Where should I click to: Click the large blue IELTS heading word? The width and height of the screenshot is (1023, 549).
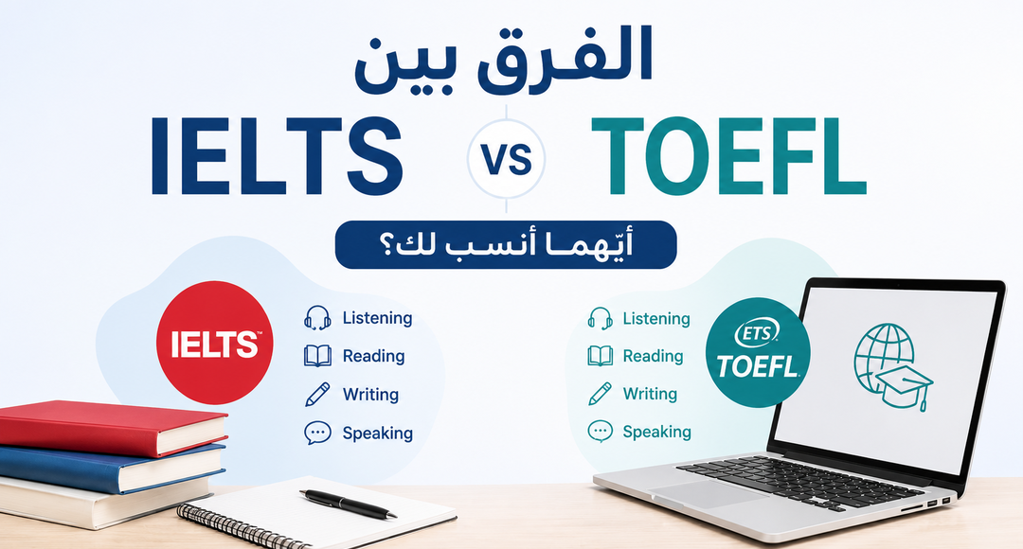(x=278, y=156)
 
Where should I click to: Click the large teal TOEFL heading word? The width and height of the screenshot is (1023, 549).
(x=728, y=156)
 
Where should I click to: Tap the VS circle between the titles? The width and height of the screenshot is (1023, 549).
(x=506, y=159)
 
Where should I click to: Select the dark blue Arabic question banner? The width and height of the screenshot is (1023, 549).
(x=506, y=244)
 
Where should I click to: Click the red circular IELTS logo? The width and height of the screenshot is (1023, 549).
(x=215, y=343)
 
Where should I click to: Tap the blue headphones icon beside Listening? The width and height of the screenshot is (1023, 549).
(x=317, y=318)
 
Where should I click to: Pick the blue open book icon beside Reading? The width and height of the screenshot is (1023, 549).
(x=317, y=356)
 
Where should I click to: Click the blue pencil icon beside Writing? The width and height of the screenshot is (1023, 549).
(x=317, y=394)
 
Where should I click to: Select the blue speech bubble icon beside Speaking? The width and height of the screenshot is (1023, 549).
(x=317, y=433)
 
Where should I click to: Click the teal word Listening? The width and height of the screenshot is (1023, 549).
(x=656, y=319)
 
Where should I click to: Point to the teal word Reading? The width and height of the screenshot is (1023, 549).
(x=653, y=356)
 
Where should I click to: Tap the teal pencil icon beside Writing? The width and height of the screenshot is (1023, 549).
(x=601, y=394)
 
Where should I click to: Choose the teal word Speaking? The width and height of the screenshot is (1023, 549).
(x=657, y=432)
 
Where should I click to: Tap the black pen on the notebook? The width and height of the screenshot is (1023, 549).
(x=349, y=504)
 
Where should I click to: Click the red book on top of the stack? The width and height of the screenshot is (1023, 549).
(x=112, y=428)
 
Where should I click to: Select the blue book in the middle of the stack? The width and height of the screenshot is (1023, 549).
(x=111, y=468)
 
